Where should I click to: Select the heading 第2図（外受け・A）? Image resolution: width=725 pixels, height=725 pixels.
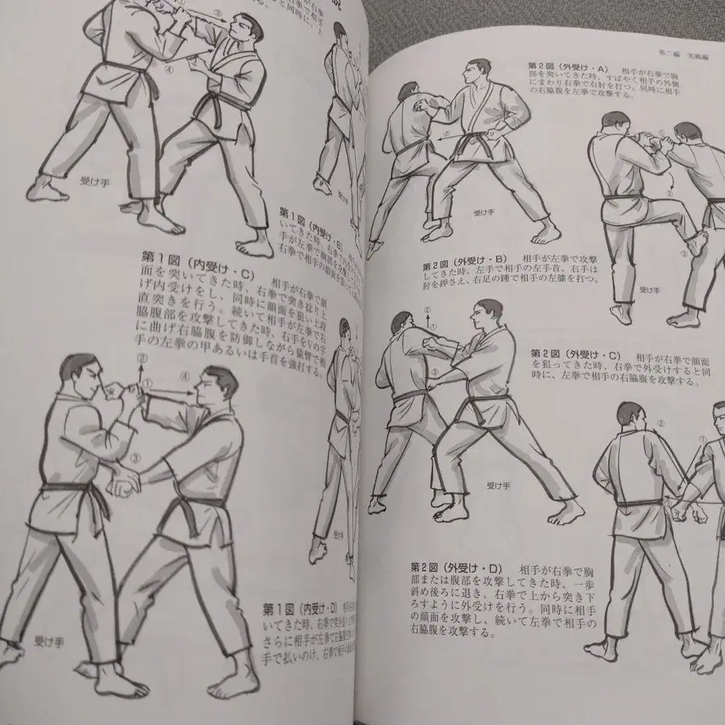coord(563,64)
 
